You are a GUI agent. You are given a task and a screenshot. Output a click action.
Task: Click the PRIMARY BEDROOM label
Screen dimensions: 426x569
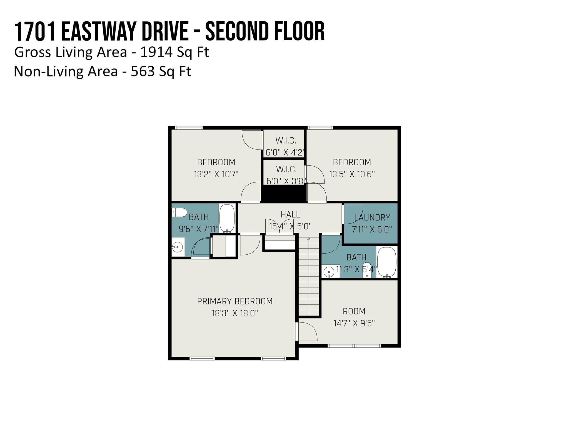click(x=235, y=301)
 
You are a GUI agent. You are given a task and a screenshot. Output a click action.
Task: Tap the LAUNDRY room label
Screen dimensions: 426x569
click(x=372, y=217)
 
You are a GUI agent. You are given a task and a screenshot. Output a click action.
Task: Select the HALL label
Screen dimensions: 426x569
click(x=290, y=214)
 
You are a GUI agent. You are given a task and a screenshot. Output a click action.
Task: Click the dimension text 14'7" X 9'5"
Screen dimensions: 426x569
click(x=354, y=323)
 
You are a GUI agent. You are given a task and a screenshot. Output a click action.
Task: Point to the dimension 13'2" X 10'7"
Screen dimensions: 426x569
click(x=216, y=174)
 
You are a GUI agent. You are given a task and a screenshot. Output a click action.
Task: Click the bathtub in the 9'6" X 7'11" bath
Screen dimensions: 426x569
click(x=227, y=218)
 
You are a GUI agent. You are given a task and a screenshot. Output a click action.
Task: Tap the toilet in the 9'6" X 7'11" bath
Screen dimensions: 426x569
click(x=179, y=213)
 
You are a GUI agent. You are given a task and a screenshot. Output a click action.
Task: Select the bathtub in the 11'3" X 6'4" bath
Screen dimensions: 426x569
click(x=387, y=262)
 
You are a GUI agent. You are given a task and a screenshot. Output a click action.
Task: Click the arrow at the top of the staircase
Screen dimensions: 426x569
click(x=309, y=239)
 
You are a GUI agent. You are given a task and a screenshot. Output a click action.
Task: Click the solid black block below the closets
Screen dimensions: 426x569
click(x=284, y=194)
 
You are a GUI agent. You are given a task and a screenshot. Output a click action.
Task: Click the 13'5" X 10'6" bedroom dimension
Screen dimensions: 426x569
click(x=352, y=174)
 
